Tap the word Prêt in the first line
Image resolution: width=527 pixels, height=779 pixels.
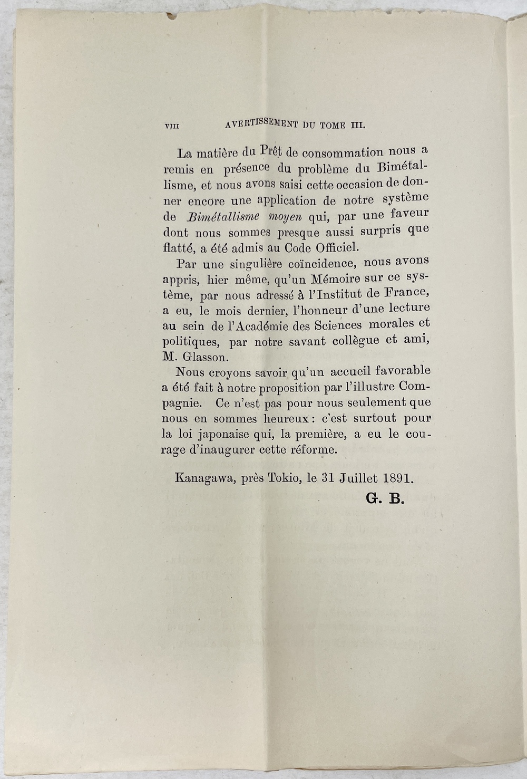point(271,151)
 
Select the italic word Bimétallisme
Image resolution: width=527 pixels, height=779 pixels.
point(223,217)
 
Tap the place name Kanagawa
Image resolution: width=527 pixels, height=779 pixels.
point(206,479)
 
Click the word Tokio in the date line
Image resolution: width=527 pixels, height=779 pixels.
point(285,479)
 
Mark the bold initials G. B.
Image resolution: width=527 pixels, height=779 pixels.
point(385,499)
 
